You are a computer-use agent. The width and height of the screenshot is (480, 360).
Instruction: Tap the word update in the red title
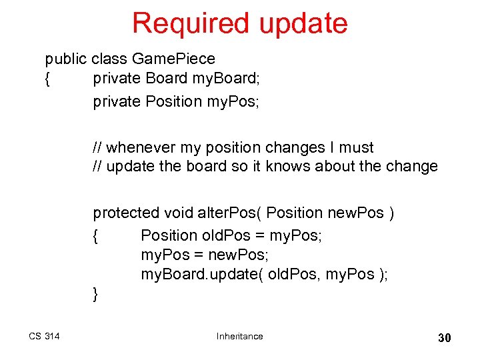pos(303,24)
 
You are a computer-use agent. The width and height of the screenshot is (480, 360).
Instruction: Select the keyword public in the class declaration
pos(66,59)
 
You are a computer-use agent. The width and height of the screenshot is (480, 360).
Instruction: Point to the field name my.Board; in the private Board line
pos(226,78)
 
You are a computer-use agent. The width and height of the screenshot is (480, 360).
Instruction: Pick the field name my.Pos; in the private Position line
pos(236,101)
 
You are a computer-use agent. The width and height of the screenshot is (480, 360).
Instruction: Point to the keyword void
pos(179,213)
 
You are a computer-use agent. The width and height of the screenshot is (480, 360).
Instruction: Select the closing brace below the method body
pos(96,293)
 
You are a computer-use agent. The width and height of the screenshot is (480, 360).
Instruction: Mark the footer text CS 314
pos(44,336)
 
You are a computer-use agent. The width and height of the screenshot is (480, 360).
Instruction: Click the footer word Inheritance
pos(239,336)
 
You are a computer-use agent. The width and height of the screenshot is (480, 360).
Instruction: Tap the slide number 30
pos(444,337)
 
